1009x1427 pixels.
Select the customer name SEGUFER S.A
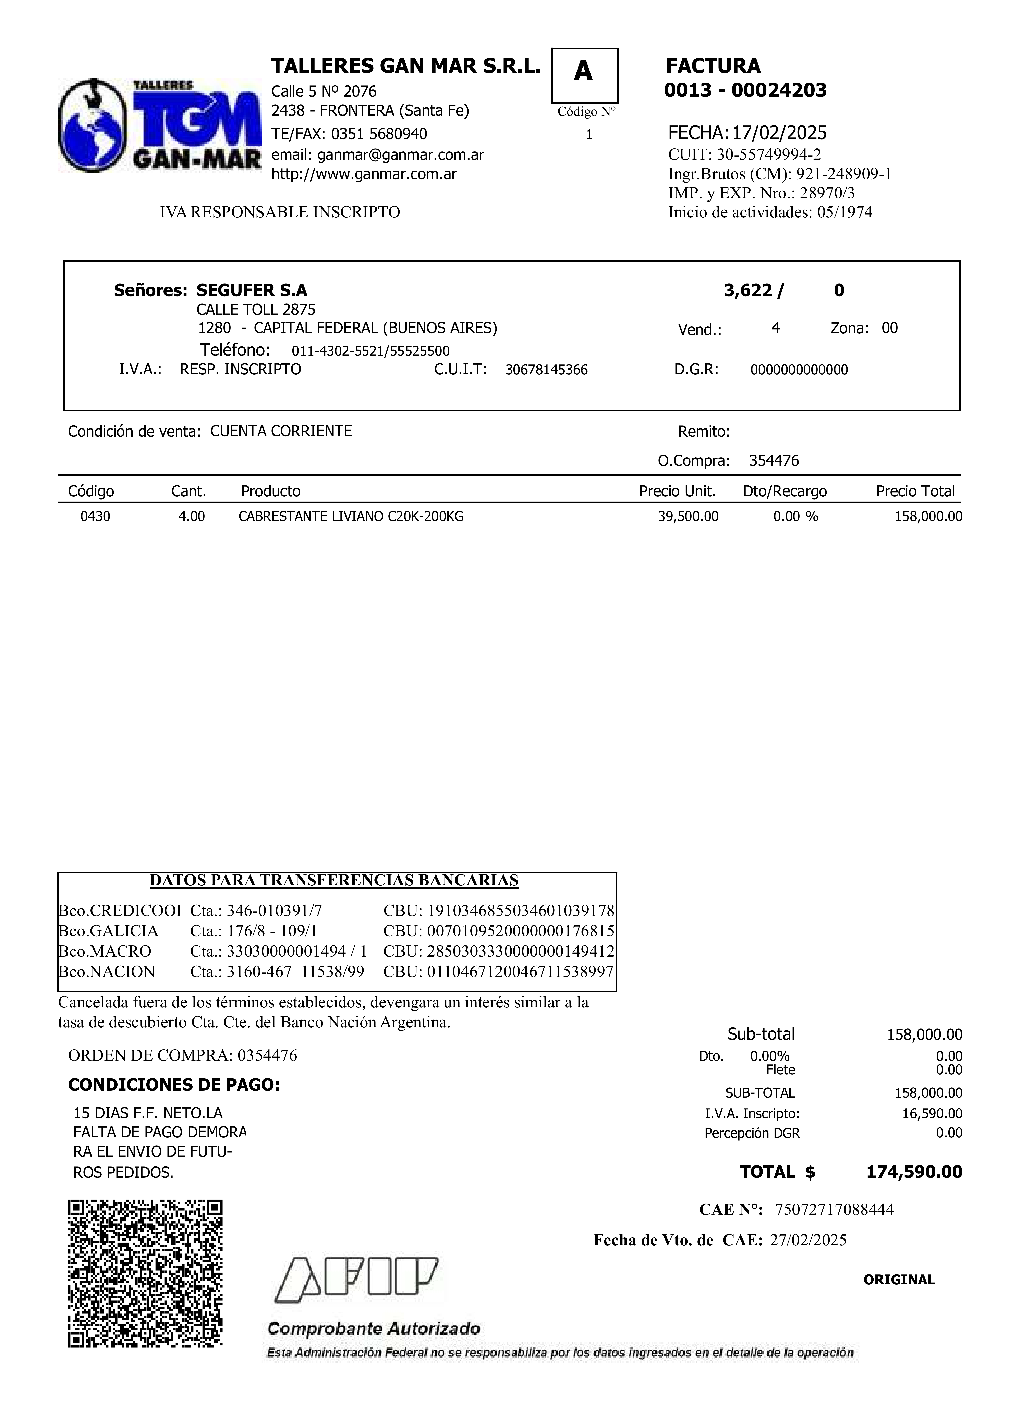tap(252, 290)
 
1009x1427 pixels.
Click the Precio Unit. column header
tap(677, 492)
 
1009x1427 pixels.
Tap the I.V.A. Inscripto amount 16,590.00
tap(932, 1114)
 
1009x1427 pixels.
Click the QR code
tap(145, 1273)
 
